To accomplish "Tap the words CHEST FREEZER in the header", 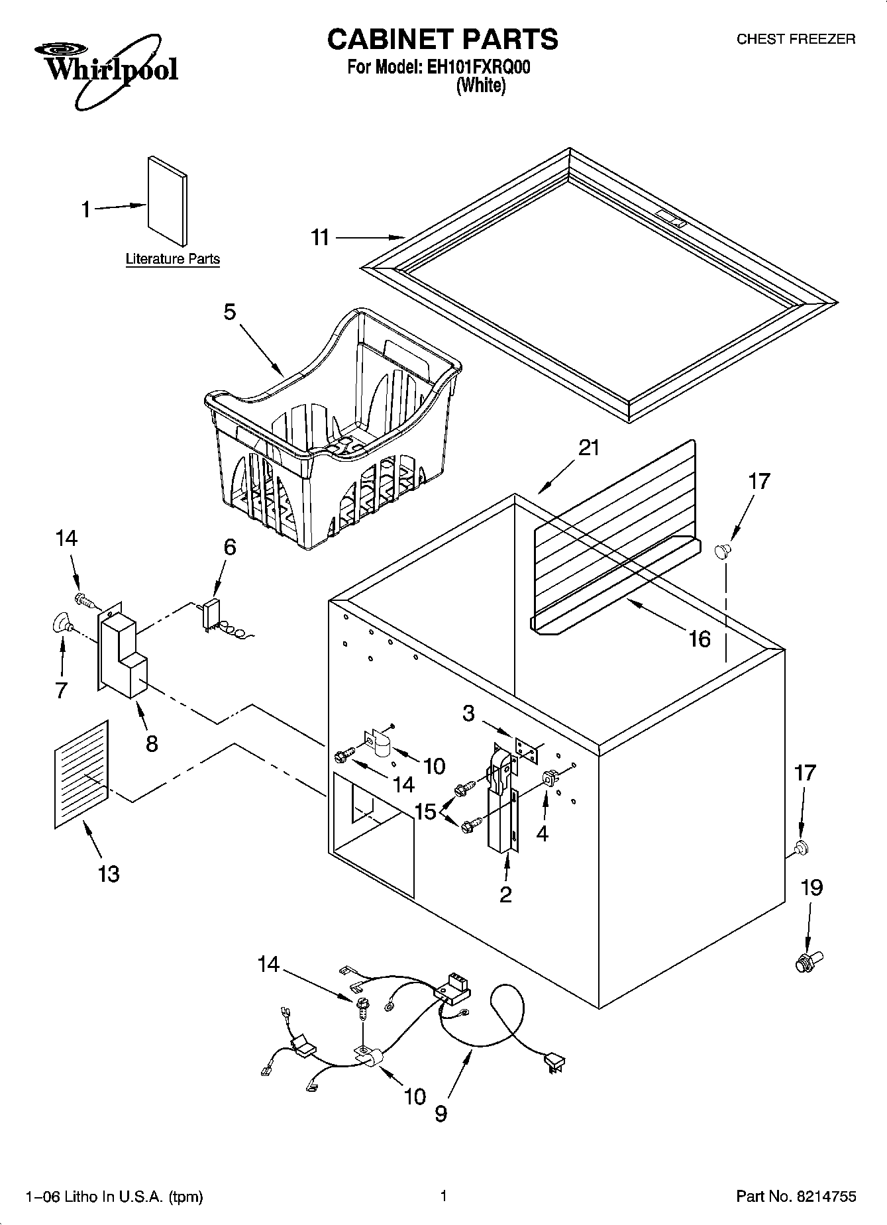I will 796,39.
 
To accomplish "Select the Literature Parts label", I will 173,259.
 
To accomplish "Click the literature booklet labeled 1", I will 167,201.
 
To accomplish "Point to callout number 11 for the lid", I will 321,237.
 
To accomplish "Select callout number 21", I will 588,449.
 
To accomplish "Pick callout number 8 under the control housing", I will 152,743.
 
